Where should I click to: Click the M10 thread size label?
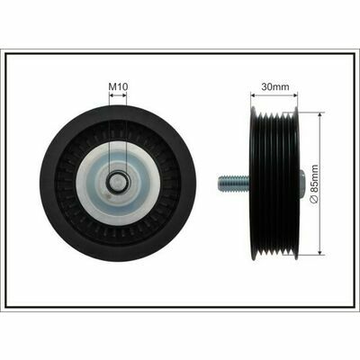click(118, 87)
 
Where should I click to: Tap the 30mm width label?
click(275, 87)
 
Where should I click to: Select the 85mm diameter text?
click(314, 180)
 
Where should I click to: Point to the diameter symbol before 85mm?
click(314, 200)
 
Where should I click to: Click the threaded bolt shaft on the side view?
click(234, 184)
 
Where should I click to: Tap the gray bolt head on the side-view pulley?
click(302, 184)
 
